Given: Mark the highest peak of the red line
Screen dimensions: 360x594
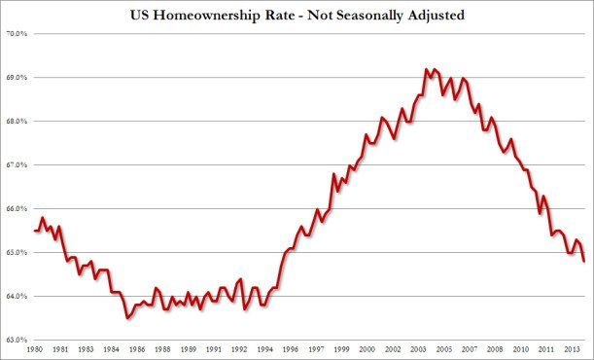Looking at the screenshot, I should (426, 69).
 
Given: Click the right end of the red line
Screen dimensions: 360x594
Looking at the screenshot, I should (583, 261).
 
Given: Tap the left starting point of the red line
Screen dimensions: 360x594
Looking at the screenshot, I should (35, 231).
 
